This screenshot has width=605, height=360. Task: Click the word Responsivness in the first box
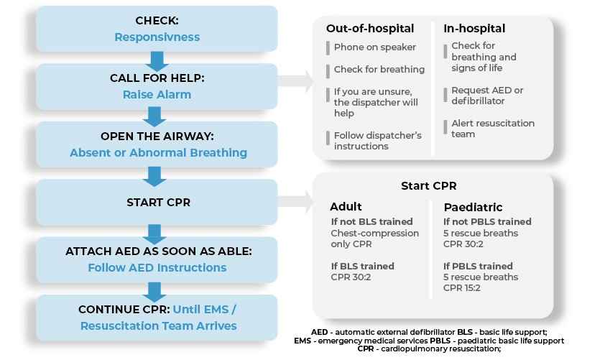point(157,37)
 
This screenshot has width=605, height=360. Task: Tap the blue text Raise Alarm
point(157,93)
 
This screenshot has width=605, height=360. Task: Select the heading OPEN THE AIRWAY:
point(157,137)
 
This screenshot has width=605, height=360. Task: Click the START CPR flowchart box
point(157,202)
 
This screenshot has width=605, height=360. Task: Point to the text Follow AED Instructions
point(157,268)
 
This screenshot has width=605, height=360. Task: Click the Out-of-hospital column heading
point(370,29)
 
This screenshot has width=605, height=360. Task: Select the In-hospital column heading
point(474,29)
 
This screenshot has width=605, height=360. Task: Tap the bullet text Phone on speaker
point(374,47)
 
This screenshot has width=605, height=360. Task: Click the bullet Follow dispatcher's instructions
point(377,141)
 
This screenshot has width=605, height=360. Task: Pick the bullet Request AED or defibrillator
point(486,96)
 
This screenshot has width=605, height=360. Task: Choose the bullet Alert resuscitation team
point(492,129)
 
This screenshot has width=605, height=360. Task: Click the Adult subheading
point(346,207)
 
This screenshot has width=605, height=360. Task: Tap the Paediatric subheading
point(472,207)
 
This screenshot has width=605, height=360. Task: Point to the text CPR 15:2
point(463,288)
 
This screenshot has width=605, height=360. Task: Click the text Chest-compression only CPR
point(374,239)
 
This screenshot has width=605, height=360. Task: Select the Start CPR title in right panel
point(428,186)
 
